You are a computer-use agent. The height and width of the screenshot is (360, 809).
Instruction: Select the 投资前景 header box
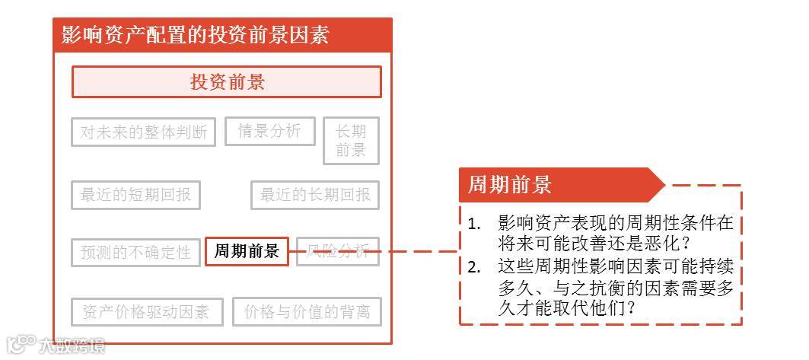[226, 82]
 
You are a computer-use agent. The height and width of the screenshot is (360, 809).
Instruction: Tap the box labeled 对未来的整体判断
[143, 132]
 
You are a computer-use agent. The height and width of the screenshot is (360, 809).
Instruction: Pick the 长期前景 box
[351, 140]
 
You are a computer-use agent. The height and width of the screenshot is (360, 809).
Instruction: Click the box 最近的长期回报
[314, 195]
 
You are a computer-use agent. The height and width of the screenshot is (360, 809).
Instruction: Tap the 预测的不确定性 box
[135, 252]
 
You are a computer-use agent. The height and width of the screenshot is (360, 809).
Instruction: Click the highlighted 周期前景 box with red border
[247, 251]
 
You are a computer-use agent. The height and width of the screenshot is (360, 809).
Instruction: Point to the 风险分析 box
[338, 250]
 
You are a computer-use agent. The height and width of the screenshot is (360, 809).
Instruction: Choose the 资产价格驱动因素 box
[145, 311]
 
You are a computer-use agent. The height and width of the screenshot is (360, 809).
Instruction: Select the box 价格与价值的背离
[306, 311]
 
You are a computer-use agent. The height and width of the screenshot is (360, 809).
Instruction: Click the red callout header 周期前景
[509, 185]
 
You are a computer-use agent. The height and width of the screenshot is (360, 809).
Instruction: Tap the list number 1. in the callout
[475, 224]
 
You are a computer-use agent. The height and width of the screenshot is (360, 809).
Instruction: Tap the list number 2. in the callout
[475, 267]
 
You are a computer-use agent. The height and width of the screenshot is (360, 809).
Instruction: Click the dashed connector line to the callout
[419, 250]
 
